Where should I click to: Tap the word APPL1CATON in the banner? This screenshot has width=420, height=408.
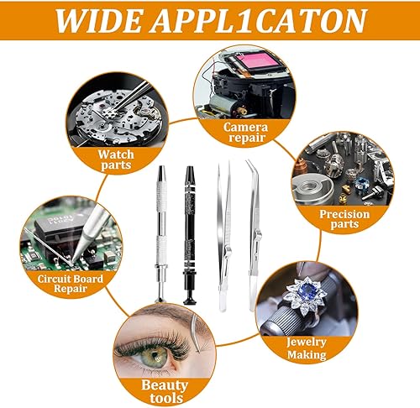[x=259, y=21]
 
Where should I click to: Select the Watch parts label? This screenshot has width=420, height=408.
[x=116, y=160]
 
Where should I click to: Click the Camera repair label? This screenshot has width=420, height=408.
[x=245, y=133]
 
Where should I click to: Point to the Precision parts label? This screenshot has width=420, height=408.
[x=344, y=219]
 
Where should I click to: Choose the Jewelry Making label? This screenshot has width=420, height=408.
[x=307, y=348]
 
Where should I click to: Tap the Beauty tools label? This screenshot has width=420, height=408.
[x=165, y=391]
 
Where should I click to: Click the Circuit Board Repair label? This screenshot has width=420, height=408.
[x=71, y=284]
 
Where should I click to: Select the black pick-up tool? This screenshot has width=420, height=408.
[x=190, y=235]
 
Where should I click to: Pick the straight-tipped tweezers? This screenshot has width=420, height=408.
[x=224, y=238]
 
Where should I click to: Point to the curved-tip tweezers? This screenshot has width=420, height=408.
[x=255, y=235]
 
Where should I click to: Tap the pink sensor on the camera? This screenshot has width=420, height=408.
[x=255, y=62]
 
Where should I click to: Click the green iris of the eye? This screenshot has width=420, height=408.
[x=155, y=357]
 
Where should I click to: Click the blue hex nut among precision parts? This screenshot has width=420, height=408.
[x=360, y=184]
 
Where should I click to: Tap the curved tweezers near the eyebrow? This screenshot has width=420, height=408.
[x=195, y=333]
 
